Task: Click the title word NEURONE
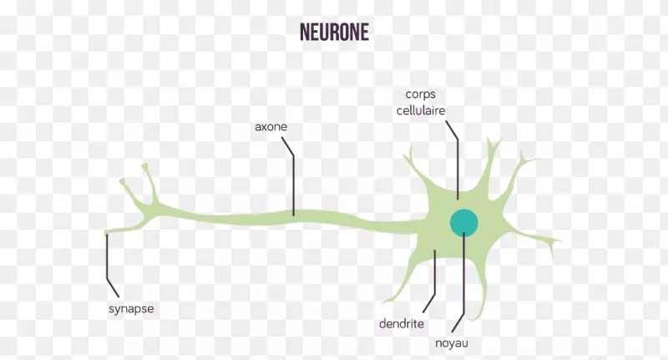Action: pyautogui.click(x=333, y=32)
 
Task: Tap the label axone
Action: pyautogui.click(x=271, y=128)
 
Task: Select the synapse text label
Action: pyautogui.click(x=131, y=308)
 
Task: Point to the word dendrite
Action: pyautogui.click(x=402, y=323)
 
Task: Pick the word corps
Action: pyautogui.click(x=422, y=95)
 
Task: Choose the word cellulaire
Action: pyautogui.click(x=422, y=110)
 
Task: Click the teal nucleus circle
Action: pyautogui.click(x=464, y=222)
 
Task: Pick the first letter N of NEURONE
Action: pyautogui.click(x=305, y=32)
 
